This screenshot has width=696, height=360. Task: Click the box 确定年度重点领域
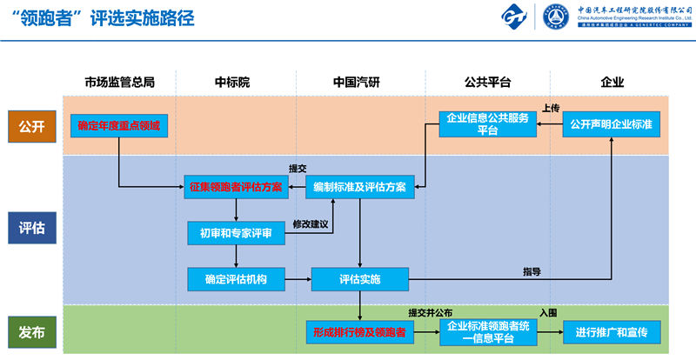pyautogui.click(x=119, y=126)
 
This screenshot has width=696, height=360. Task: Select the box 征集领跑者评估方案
pyautogui.click(x=236, y=187)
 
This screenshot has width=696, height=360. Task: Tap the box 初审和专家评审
pyautogui.click(x=236, y=233)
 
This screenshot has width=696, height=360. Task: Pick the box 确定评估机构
pyautogui.click(x=236, y=279)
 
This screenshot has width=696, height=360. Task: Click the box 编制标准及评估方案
pyautogui.click(x=359, y=187)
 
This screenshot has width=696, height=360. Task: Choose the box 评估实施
pyautogui.click(x=359, y=279)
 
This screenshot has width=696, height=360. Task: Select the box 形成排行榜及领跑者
pyautogui.click(x=359, y=332)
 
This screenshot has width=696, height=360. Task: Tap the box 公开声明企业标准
pyautogui.click(x=612, y=125)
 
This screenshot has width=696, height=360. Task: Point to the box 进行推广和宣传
pyautogui.click(x=612, y=332)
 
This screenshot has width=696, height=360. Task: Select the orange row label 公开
pyautogui.click(x=31, y=126)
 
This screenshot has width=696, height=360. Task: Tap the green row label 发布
pyautogui.click(x=31, y=331)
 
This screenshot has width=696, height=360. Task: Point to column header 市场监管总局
pyautogui.click(x=119, y=83)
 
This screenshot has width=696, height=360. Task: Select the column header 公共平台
pyautogui.click(x=487, y=83)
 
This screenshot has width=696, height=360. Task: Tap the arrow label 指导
pyautogui.click(x=532, y=271)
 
